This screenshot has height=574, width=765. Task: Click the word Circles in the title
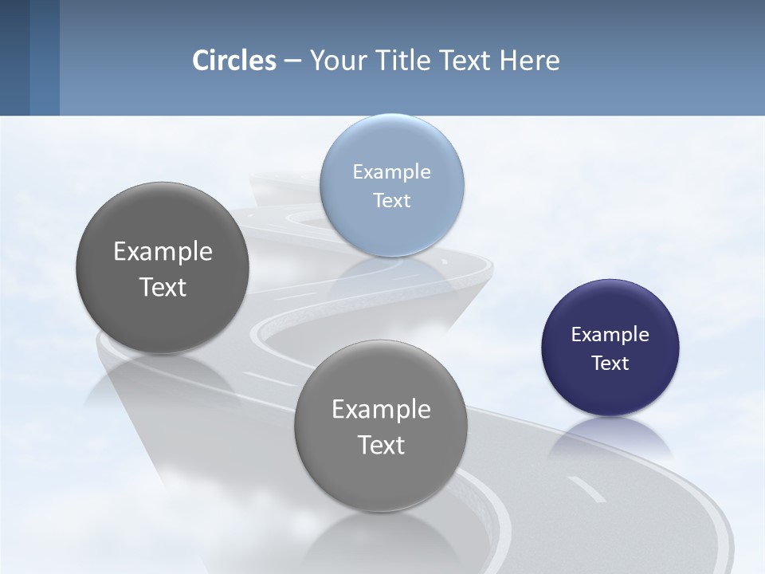(x=234, y=61)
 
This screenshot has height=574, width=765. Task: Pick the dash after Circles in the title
(x=292, y=61)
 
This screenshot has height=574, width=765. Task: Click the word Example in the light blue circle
(x=391, y=172)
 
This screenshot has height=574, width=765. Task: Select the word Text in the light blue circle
(x=391, y=200)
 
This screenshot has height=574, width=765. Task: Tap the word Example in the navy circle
(x=610, y=335)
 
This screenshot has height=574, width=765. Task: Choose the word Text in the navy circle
(x=610, y=364)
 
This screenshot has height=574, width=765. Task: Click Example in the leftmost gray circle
(x=163, y=252)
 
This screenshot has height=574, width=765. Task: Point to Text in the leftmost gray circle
(x=163, y=287)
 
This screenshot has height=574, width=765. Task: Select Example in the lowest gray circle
(x=381, y=410)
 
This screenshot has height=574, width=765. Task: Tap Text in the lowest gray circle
(x=381, y=445)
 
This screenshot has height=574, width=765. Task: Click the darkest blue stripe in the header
(x=14, y=57)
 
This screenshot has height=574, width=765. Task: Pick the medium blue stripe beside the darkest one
(x=45, y=57)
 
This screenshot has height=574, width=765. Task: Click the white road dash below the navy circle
(x=586, y=489)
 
